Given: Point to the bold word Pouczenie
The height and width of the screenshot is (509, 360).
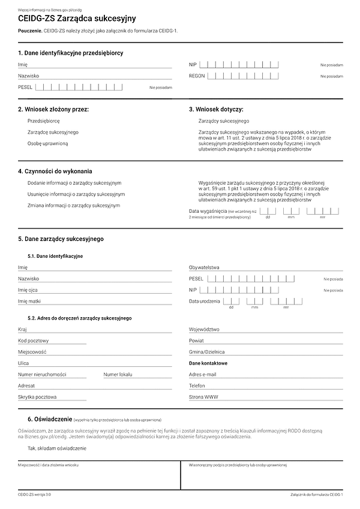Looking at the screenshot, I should click(29, 30).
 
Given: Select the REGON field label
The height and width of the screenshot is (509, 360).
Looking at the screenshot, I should click(197, 76).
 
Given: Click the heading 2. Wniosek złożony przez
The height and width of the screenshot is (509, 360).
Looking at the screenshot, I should click(53, 110).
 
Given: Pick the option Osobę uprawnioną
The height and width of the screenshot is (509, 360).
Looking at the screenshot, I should click(47, 143).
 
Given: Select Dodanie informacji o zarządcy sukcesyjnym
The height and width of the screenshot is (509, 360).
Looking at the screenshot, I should click(74, 182).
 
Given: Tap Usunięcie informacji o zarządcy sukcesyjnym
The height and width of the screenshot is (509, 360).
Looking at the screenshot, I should click(76, 194).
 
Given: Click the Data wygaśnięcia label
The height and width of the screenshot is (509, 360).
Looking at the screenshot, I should click(207, 212).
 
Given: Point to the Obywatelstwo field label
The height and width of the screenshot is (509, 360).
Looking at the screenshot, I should click(204, 267).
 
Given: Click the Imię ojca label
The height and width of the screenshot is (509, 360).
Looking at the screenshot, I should click(28, 290).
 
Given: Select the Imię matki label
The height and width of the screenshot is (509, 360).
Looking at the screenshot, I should click(29, 301).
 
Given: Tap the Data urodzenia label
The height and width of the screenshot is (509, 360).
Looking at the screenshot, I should click(205, 301).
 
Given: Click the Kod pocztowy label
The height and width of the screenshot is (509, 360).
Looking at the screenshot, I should click(33, 341).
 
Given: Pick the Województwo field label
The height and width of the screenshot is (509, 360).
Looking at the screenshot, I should click(204, 329).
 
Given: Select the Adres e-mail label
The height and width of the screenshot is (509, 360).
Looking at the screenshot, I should click(202, 374).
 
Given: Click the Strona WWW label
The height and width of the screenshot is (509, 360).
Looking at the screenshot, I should click(203, 397).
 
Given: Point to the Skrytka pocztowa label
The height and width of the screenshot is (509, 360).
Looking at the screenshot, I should click(37, 397).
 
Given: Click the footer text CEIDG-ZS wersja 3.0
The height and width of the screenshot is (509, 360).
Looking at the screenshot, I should click(34, 495).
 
